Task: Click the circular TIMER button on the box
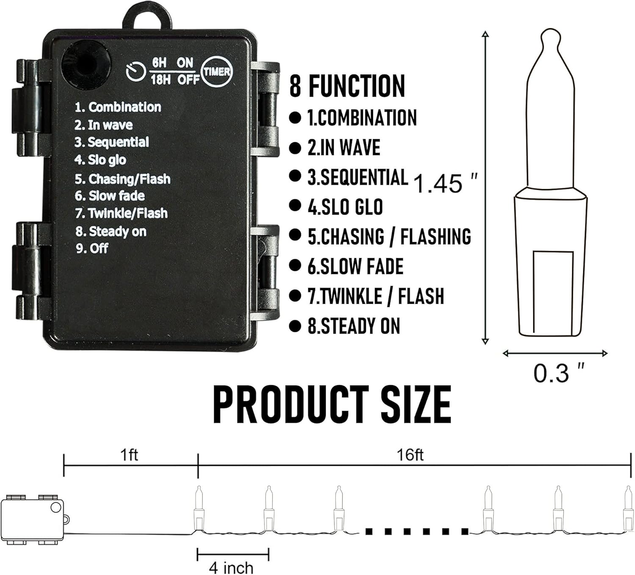pos(217,72)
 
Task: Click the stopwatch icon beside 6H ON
pos(135,72)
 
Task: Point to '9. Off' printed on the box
pos(92,249)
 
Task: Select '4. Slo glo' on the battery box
pos(100,160)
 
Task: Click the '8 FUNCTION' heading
pos(347,86)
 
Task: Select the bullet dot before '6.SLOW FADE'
pos(295,265)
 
